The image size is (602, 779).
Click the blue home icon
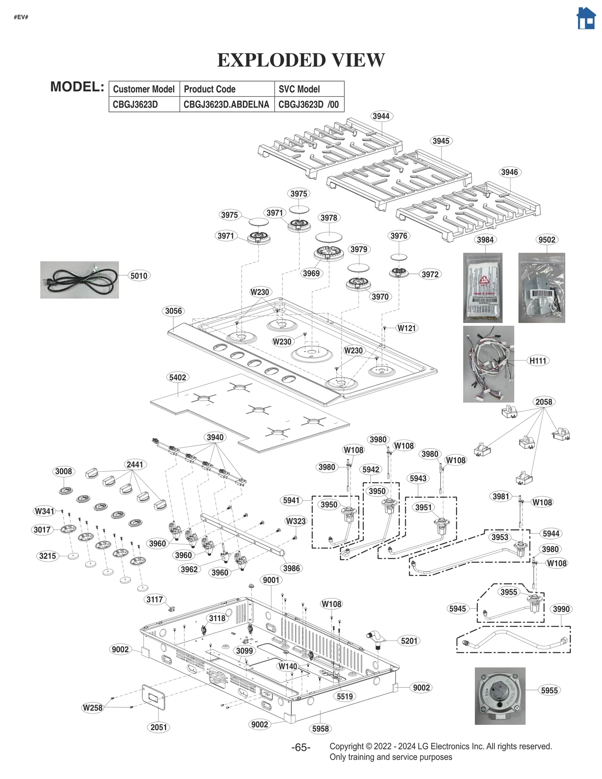[x=586, y=18]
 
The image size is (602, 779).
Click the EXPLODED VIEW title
[x=301, y=60]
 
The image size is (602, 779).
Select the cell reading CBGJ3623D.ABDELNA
[x=226, y=105]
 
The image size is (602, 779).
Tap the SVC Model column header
[x=299, y=89]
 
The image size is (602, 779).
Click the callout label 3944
[x=380, y=116]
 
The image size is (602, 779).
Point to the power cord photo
[x=79, y=280]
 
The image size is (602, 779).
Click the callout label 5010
[x=138, y=276]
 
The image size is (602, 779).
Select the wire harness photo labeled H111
[x=488, y=364]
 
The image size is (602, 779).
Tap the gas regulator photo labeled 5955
[x=500, y=696]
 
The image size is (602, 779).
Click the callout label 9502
[x=546, y=240]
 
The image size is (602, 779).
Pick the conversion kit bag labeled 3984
[x=482, y=288]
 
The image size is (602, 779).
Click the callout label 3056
[x=173, y=311]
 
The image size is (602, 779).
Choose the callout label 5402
[x=177, y=377]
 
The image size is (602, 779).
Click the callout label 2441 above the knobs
[x=134, y=465]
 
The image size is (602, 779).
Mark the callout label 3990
[x=561, y=609]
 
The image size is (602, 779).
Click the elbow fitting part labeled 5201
[x=376, y=639]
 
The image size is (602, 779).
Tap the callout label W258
[x=93, y=708]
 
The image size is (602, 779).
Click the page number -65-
[x=301, y=747]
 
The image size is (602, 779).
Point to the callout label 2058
[x=543, y=402]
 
